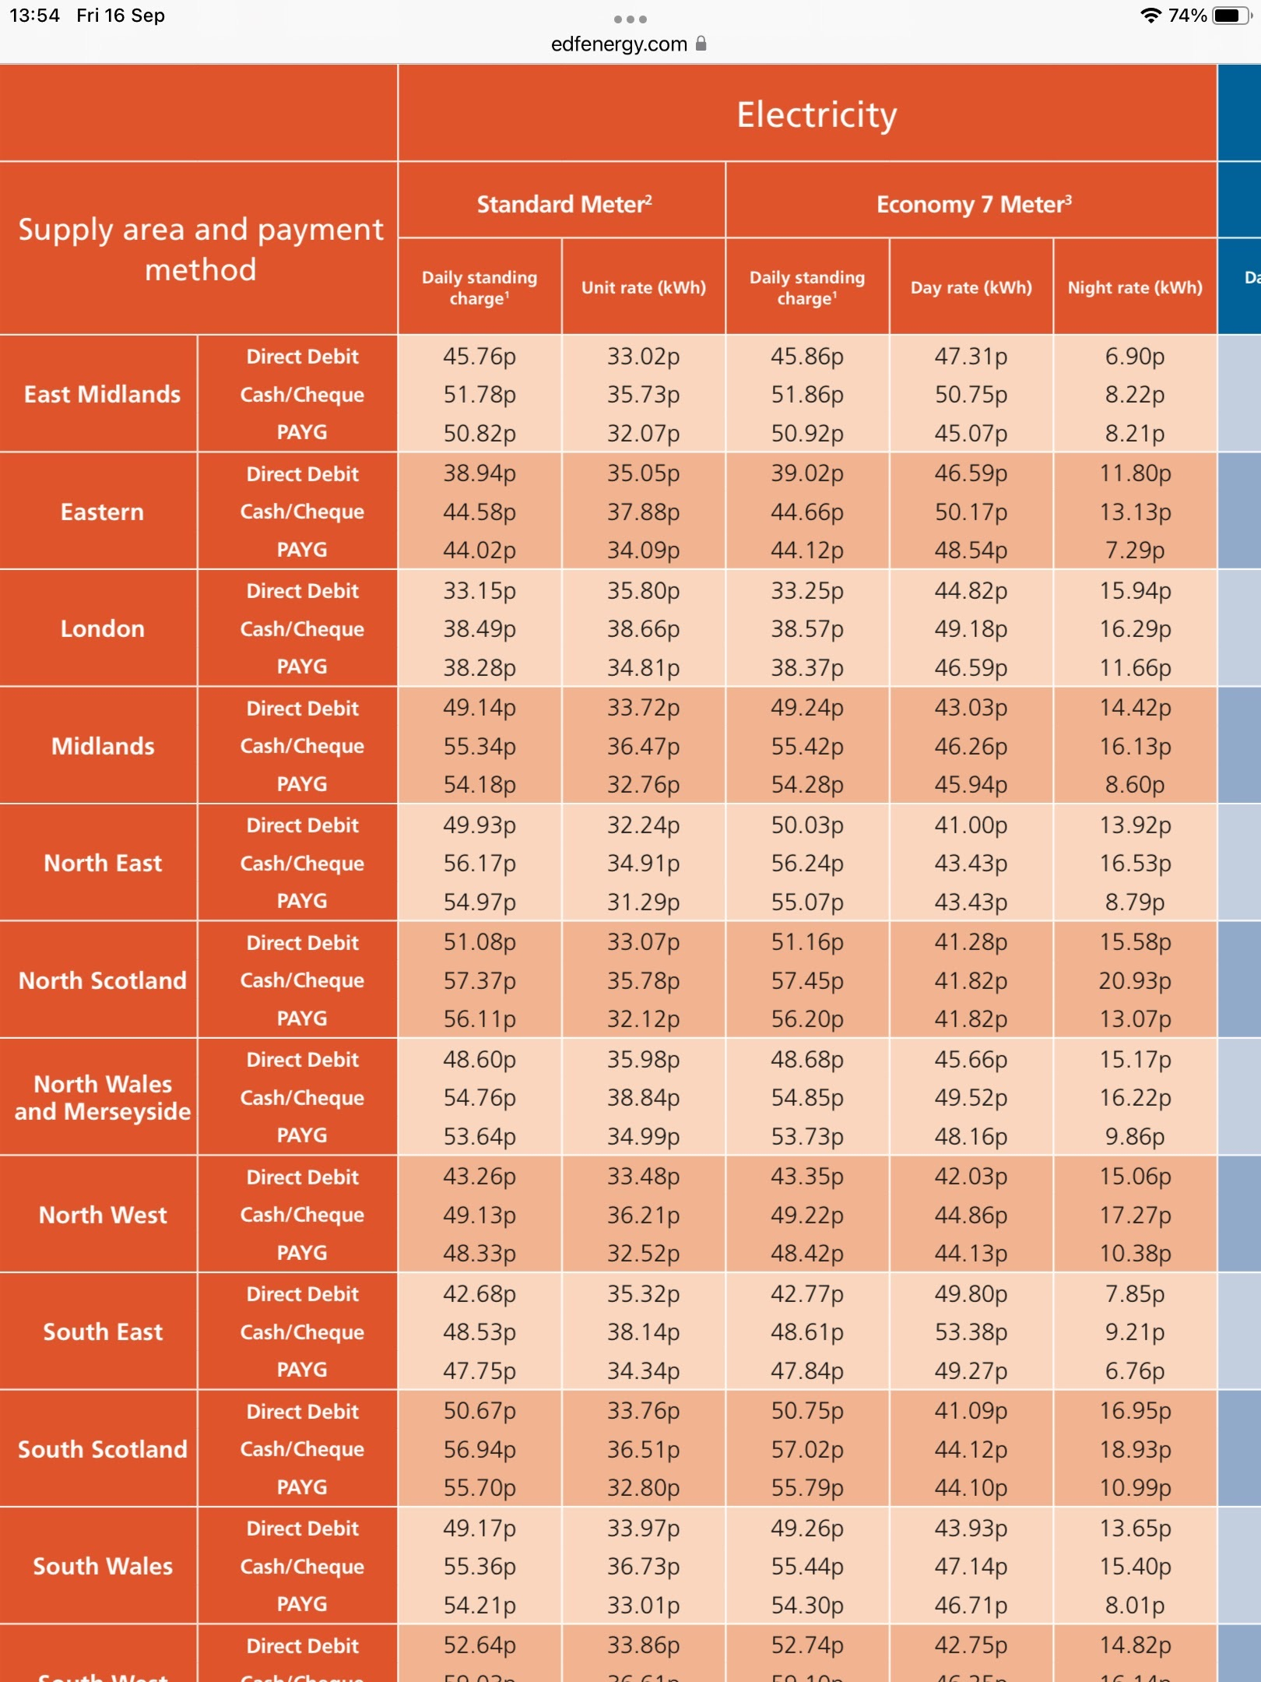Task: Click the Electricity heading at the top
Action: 817,115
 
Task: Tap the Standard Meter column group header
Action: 564,204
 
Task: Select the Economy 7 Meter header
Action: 973,204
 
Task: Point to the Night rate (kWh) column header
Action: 1134,287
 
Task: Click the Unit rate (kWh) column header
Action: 643,287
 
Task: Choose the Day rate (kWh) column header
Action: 971,287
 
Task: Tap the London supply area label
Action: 102,628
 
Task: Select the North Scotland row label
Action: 102,980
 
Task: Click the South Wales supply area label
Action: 102,1566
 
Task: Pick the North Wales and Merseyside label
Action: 102,1097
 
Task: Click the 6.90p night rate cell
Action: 1134,357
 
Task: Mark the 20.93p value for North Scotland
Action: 1134,980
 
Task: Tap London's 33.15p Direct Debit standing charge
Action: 479,591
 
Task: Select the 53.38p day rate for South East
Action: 971,1332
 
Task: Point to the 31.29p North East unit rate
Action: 643,902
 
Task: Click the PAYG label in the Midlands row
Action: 302,784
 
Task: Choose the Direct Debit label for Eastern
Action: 302,474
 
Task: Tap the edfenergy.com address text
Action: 619,44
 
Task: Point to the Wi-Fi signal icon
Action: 1150,16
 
